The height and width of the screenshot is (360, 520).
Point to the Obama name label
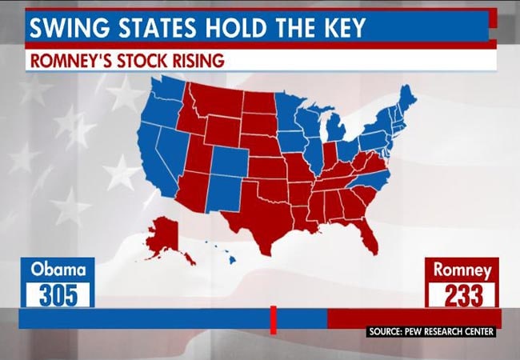tap(57, 270)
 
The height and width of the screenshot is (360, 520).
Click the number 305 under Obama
tap(57, 294)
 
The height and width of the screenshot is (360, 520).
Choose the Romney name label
tap(462, 270)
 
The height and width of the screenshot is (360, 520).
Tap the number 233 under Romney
tap(462, 294)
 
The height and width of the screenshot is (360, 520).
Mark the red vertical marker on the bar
tap(273, 319)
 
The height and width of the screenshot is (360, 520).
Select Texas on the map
tap(256, 212)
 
